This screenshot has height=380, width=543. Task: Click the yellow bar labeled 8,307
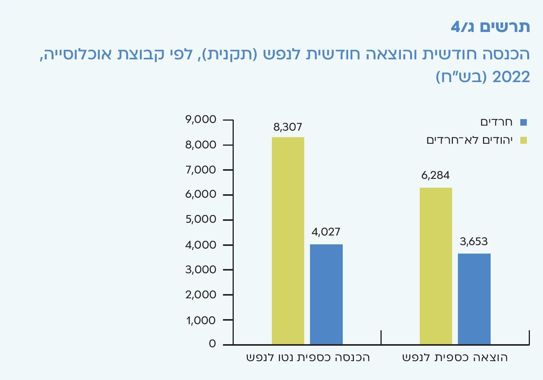click(288, 240)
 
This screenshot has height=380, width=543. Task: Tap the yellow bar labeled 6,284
click(436, 266)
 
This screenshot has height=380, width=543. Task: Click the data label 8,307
click(288, 127)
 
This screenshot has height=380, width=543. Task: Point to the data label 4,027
click(326, 232)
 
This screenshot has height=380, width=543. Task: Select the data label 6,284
click(435, 176)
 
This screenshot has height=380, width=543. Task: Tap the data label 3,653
click(474, 242)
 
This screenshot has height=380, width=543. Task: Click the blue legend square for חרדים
click(523, 123)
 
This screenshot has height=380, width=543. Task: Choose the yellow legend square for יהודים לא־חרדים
click(523, 140)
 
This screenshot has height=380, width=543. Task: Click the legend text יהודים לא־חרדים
click(469, 140)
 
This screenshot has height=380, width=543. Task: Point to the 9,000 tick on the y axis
click(201, 119)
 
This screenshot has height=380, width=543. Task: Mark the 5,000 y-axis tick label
click(201, 219)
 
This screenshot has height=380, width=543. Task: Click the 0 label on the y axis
click(212, 344)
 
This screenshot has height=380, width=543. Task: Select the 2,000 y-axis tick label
click(201, 294)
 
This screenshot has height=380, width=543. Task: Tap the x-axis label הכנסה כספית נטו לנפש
click(308, 358)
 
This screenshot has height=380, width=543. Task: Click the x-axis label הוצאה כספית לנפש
click(455, 358)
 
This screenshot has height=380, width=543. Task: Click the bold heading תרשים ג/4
click(490, 27)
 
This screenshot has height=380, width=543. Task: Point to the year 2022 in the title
click(511, 77)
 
